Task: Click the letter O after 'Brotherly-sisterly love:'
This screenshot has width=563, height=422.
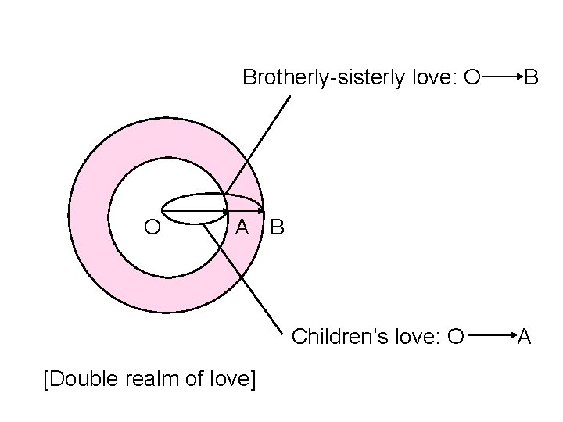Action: (472, 77)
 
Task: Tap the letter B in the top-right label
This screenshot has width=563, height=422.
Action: (531, 77)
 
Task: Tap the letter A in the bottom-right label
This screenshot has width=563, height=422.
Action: (525, 337)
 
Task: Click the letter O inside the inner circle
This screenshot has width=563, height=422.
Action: (153, 227)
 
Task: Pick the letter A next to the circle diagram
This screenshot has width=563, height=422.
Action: (242, 227)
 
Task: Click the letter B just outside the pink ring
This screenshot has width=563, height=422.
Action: (278, 228)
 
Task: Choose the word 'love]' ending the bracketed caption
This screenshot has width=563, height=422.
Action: (232, 380)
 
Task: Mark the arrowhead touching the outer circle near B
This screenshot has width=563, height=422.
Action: (260, 211)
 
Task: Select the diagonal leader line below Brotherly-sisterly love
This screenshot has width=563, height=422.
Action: (258, 141)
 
